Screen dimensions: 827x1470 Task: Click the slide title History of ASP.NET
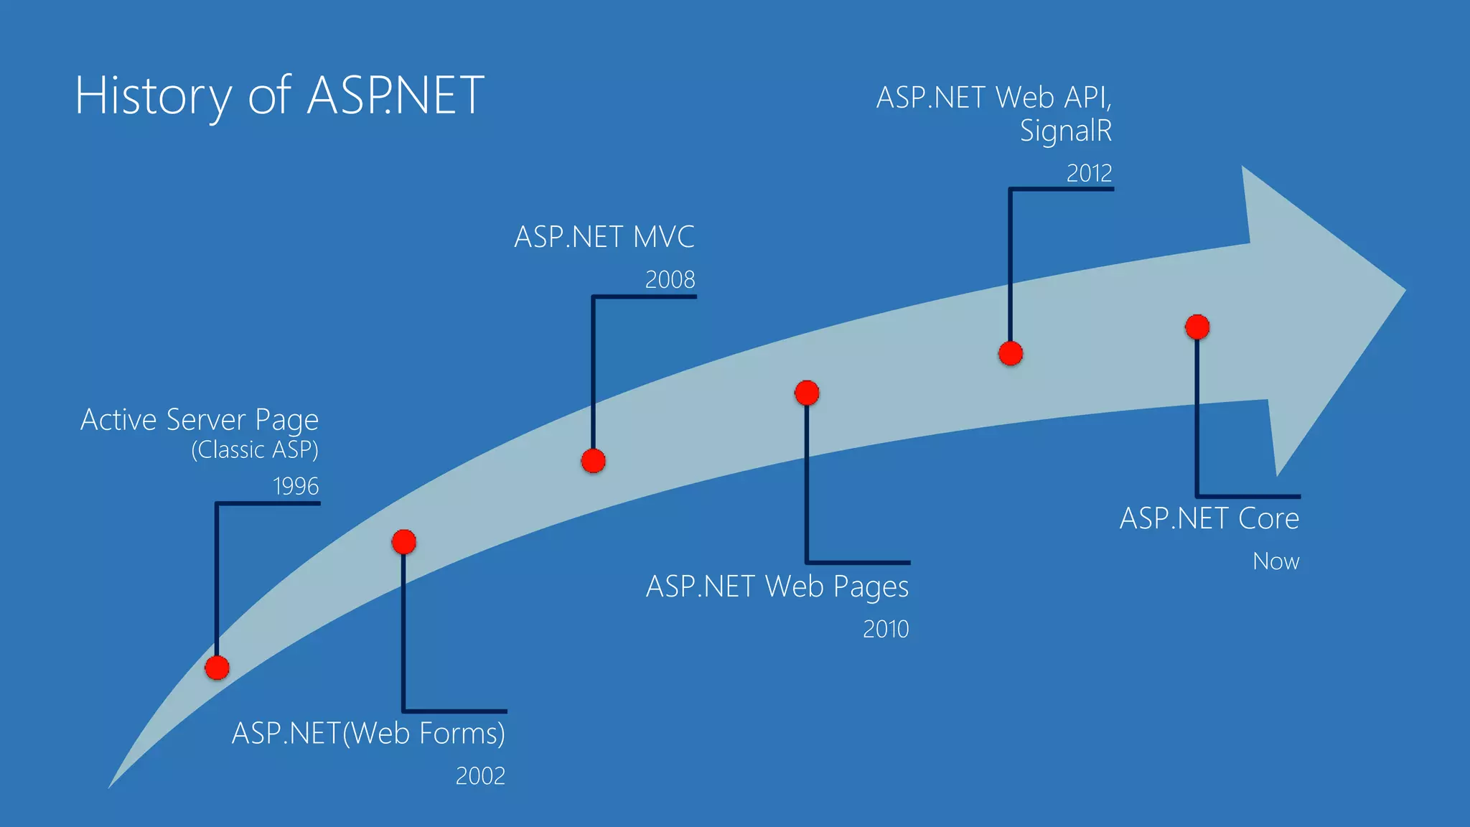pyautogui.click(x=279, y=95)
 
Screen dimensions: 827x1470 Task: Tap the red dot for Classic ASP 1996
pyautogui.click(x=217, y=668)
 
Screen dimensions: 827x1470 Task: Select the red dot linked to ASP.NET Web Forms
pyautogui.click(x=404, y=542)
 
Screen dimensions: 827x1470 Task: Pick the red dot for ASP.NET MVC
pyautogui.click(x=593, y=461)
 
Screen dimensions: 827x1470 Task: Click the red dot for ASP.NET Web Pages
pyautogui.click(x=807, y=393)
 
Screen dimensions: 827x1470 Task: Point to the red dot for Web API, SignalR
pyautogui.click(x=1011, y=353)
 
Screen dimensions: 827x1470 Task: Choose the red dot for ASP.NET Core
pyautogui.click(x=1197, y=327)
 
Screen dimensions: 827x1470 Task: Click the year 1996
pyautogui.click(x=296, y=487)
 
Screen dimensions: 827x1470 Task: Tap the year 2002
pyautogui.click(x=480, y=776)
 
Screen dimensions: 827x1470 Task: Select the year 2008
pyautogui.click(x=670, y=280)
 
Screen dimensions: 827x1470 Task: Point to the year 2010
pyautogui.click(x=886, y=630)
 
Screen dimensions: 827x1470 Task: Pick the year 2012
pyautogui.click(x=1089, y=174)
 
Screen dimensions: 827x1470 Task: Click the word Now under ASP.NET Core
pyautogui.click(x=1275, y=561)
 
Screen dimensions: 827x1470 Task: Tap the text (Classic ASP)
pyautogui.click(x=255, y=450)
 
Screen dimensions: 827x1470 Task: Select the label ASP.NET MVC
pyautogui.click(x=604, y=238)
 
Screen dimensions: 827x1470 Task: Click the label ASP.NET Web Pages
pyautogui.click(x=777, y=587)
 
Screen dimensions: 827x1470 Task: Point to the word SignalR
pyautogui.click(x=1066, y=131)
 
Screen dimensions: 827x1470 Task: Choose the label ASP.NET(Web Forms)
pyautogui.click(x=368, y=734)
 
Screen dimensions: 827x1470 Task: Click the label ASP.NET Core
pyautogui.click(x=1209, y=518)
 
